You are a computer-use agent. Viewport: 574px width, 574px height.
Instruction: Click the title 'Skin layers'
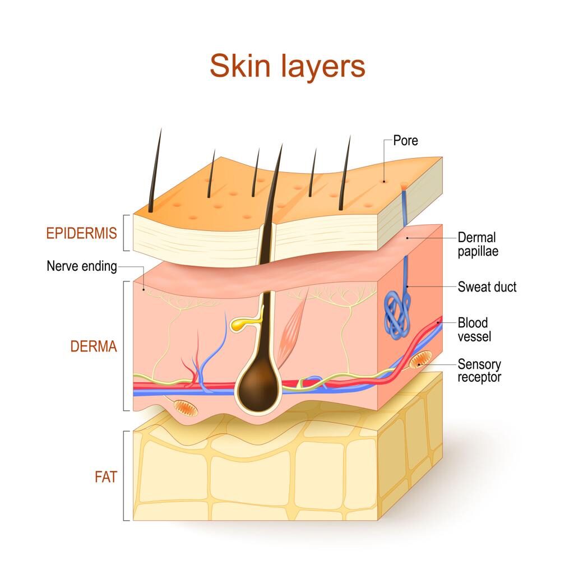pos(288,66)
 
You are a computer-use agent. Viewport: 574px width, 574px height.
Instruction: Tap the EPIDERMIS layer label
pos(82,233)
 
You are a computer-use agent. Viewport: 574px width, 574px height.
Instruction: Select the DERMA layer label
pos(94,346)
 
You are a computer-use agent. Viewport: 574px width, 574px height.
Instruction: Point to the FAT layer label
pos(106,477)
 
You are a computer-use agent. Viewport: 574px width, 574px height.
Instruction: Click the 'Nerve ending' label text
pos(82,266)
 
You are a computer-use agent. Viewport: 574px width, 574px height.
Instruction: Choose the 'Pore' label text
pos(406,141)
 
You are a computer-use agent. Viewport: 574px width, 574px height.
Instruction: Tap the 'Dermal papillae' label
pos(478,244)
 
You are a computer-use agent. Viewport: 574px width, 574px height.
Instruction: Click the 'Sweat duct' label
pos(487,286)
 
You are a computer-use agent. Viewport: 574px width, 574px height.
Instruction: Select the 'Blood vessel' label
pos(474,330)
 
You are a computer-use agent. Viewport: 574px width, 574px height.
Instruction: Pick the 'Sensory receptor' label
pos(479,371)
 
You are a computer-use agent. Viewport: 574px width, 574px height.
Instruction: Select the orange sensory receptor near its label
pos(420,359)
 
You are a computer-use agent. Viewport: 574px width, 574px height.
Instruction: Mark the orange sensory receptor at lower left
pos(186,408)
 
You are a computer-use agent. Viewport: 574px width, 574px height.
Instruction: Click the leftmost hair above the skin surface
pos(155,170)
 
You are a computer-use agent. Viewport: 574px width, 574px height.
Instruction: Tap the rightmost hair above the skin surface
pos(345,173)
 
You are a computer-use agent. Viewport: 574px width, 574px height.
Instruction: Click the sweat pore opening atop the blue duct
pos(404,186)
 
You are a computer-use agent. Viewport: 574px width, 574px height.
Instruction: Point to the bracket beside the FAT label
pos(126,475)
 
